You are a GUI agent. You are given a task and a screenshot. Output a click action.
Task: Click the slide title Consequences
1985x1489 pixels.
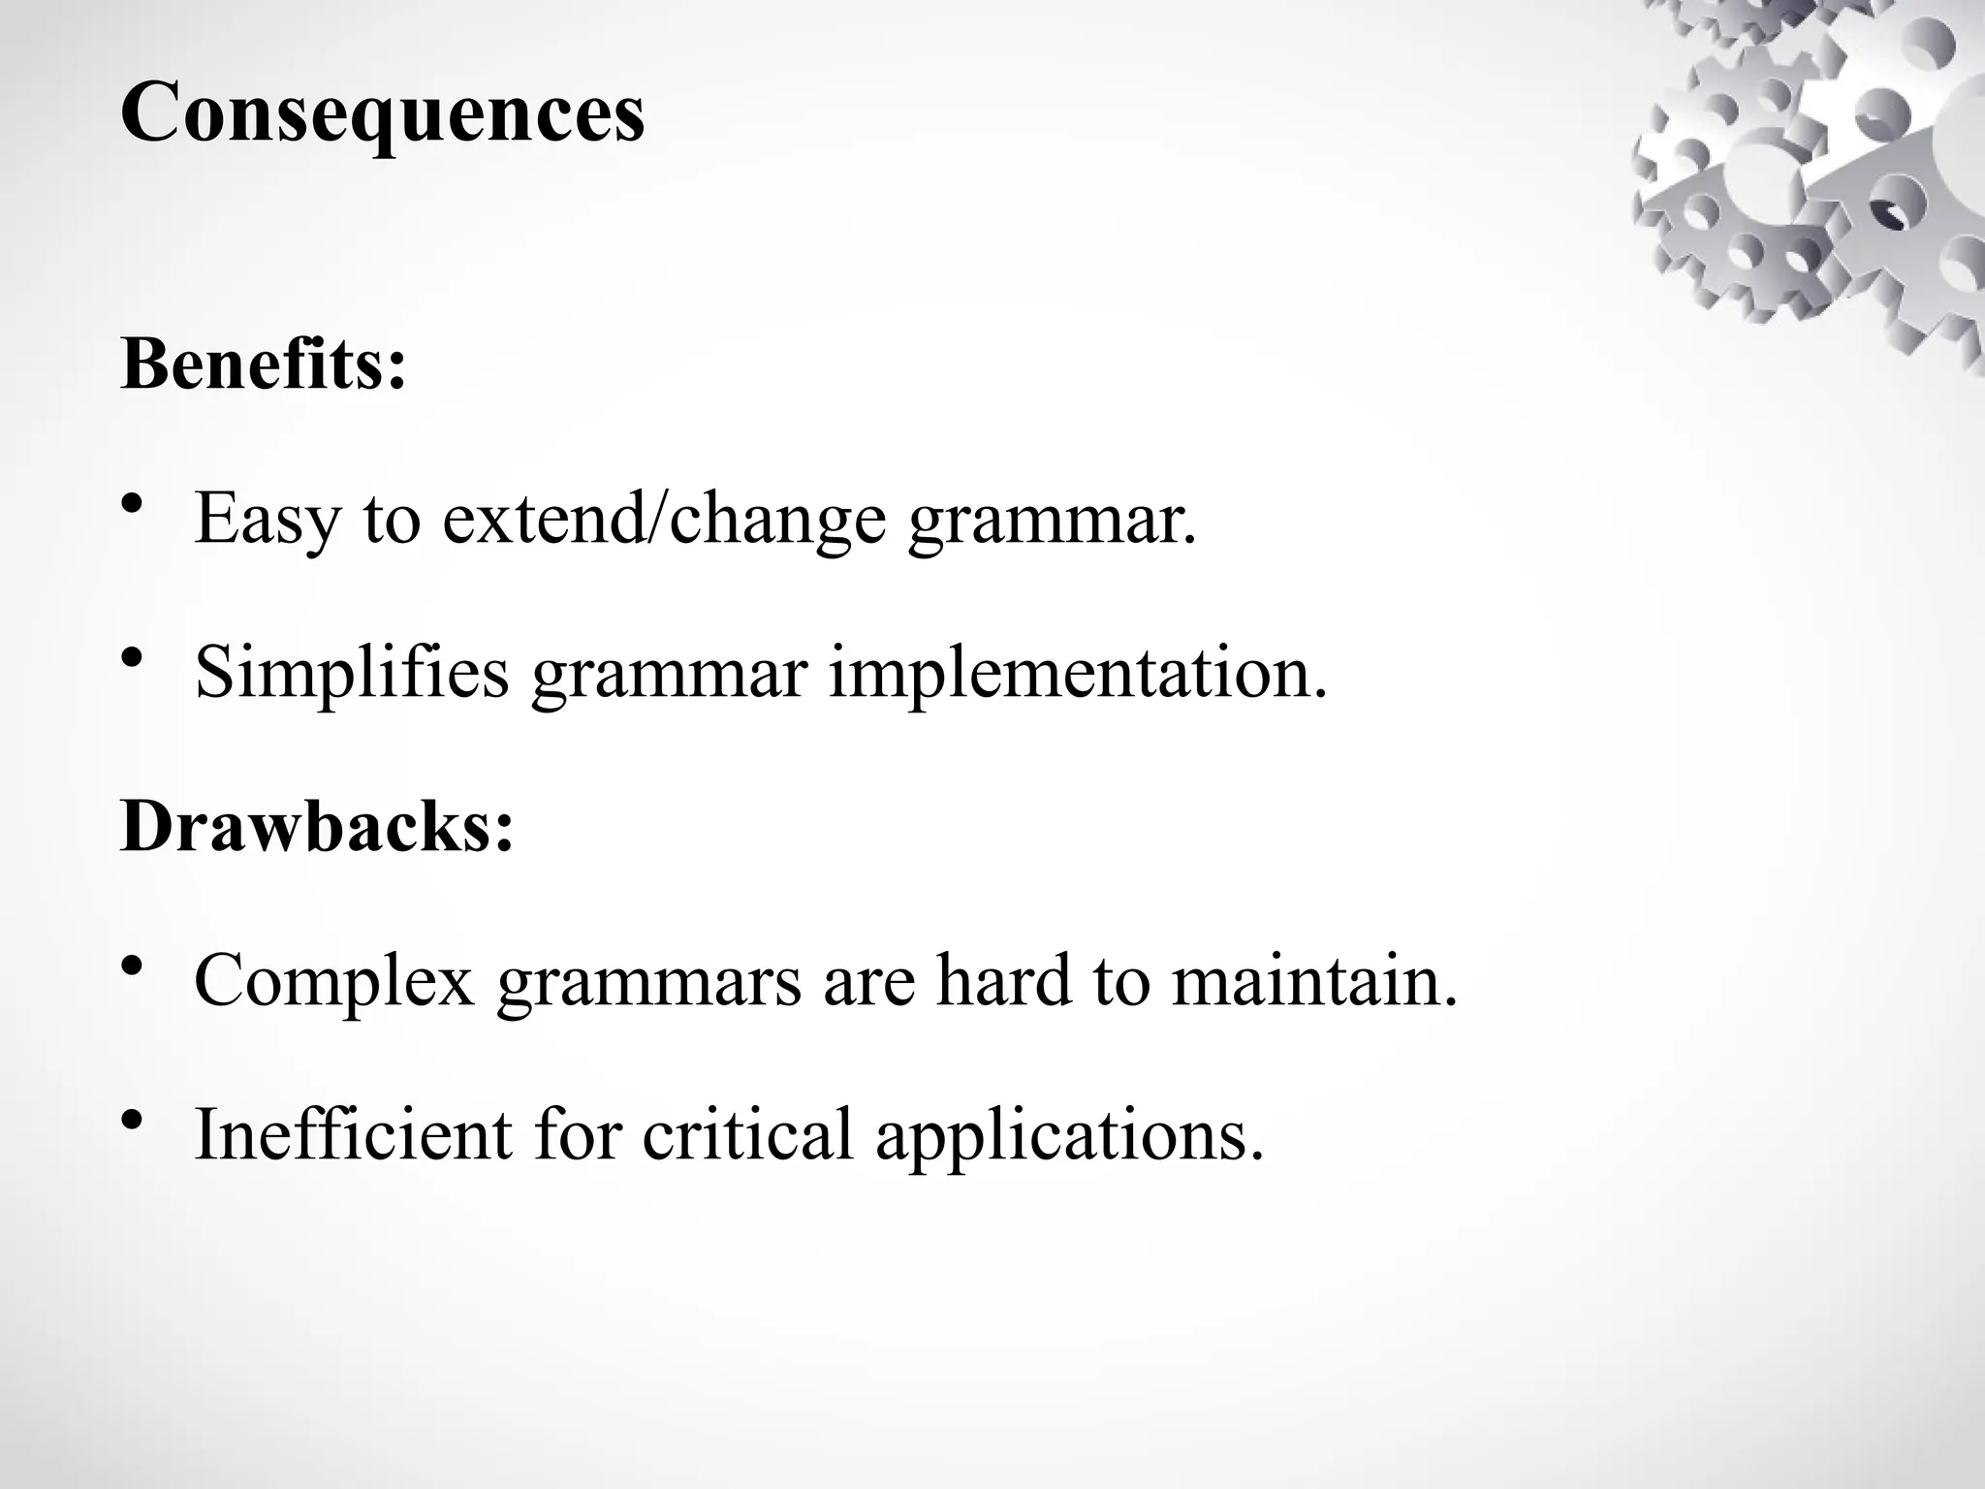tap(382, 114)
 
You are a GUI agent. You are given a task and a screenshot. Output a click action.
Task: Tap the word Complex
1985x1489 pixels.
tap(333, 981)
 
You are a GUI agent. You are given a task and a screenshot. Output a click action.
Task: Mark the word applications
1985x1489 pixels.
tap(1070, 1134)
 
